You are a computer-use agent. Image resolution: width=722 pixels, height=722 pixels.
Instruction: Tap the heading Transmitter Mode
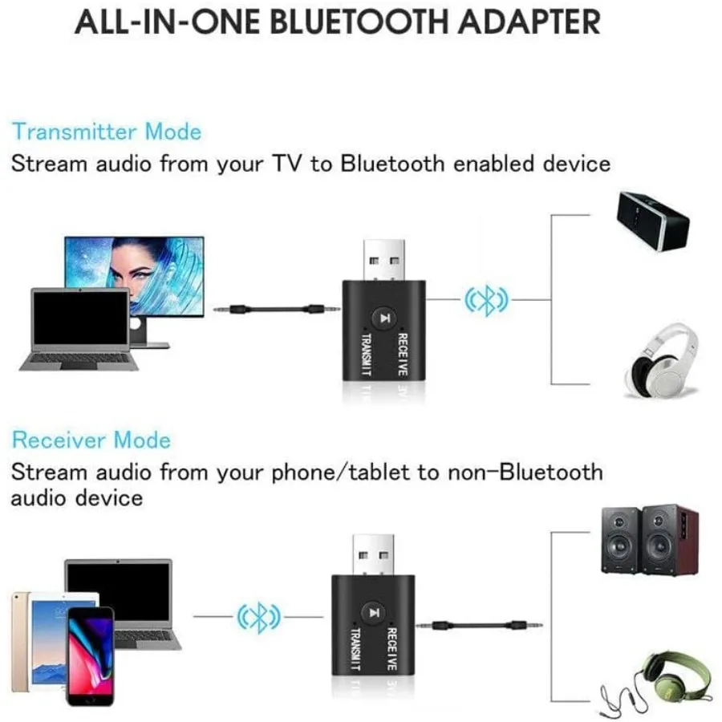click(x=107, y=132)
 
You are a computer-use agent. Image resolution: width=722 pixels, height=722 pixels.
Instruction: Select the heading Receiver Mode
click(x=91, y=440)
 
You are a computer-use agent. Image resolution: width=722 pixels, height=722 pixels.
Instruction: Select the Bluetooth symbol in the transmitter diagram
click(x=486, y=301)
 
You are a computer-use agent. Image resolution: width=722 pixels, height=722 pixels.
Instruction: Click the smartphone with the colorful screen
click(x=89, y=654)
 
